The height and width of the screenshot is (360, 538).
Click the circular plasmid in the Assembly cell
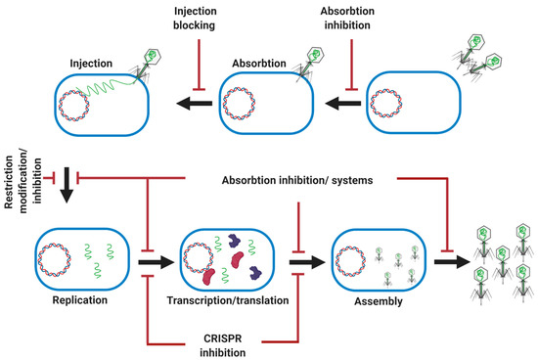[349, 260]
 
